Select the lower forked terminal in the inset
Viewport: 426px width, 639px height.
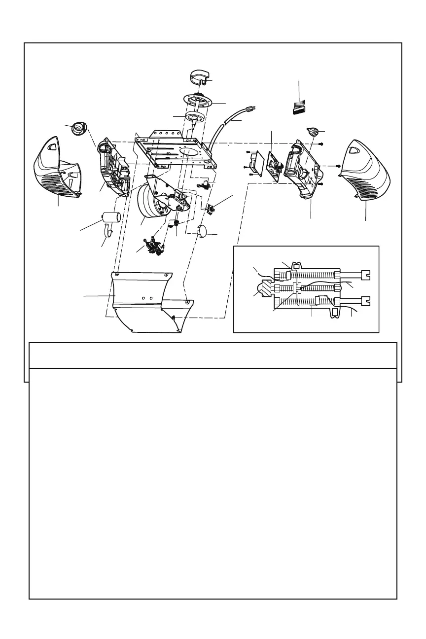pyautogui.click(x=365, y=300)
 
